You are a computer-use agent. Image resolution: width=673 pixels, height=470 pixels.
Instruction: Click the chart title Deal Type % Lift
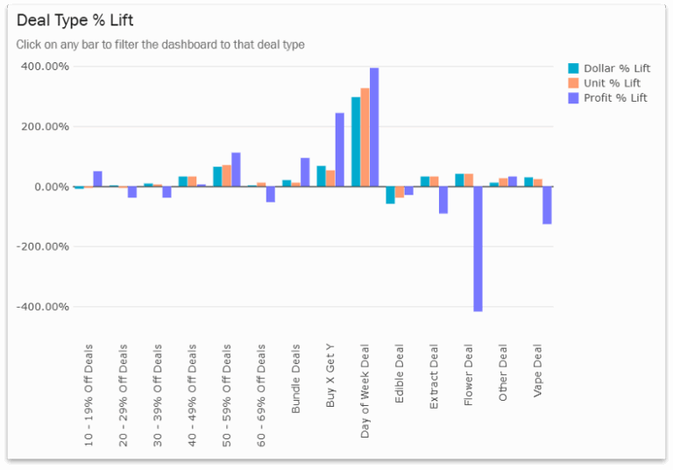75,20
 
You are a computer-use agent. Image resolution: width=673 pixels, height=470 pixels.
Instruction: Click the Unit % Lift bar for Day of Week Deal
365,137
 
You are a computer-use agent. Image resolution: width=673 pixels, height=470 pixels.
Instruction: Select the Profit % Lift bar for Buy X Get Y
339,150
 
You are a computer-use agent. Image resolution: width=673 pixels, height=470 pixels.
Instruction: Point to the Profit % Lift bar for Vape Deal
547,205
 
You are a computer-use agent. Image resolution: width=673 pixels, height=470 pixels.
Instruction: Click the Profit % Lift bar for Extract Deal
443,200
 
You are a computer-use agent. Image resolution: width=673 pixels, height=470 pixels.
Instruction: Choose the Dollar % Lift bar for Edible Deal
390,195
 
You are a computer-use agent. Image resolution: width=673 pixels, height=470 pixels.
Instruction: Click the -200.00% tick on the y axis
42,247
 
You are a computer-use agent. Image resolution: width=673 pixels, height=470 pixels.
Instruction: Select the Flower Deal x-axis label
469,372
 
